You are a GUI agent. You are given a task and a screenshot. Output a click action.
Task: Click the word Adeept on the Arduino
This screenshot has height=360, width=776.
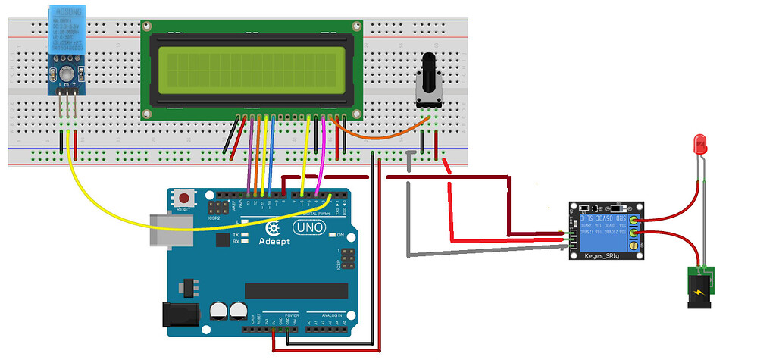point(278,243)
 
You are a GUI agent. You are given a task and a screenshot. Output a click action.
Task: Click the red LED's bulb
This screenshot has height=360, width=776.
point(701,142)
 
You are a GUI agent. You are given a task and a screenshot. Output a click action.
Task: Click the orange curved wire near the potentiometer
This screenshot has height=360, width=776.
point(379,136)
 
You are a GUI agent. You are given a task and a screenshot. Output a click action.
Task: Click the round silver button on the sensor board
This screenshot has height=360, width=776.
point(66,73)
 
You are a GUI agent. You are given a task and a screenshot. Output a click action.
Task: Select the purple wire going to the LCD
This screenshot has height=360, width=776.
point(249,152)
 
